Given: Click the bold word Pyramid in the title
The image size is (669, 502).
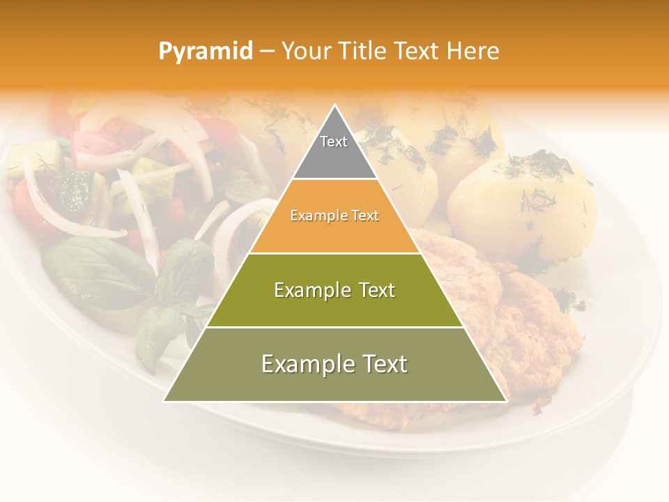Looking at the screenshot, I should tap(205, 52).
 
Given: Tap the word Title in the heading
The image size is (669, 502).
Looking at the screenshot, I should tap(362, 52).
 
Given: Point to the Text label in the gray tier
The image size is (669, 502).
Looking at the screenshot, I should tap(334, 142).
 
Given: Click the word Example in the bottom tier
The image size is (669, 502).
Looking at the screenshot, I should tap(305, 364).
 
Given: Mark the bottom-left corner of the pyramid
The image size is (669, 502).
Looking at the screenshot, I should tap(164, 401).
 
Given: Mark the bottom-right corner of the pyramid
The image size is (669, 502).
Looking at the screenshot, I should tap(506, 401).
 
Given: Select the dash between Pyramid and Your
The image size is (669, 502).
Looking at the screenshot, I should tap(266, 52).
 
